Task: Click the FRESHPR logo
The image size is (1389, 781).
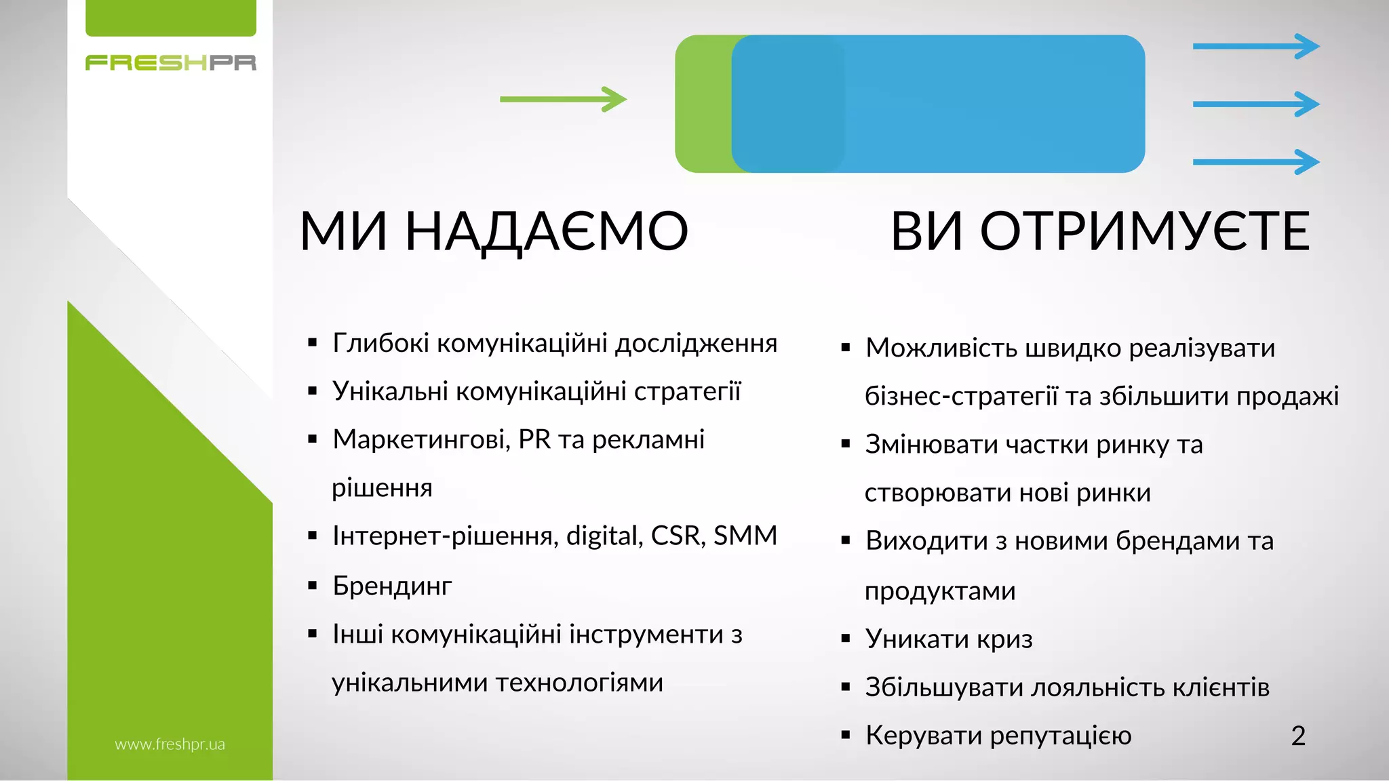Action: (x=170, y=63)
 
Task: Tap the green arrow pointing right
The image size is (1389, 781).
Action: (x=563, y=99)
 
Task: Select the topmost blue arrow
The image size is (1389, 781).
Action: (x=1255, y=46)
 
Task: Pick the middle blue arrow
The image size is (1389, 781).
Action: (x=1255, y=104)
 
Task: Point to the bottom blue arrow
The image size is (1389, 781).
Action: (x=1255, y=162)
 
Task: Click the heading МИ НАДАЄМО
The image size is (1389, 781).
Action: (x=494, y=232)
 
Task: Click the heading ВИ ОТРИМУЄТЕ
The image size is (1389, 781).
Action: (x=1099, y=232)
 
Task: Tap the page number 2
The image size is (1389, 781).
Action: (x=1298, y=736)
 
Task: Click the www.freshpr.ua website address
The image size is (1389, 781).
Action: (x=170, y=744)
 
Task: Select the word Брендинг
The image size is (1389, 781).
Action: (x=392, y=586)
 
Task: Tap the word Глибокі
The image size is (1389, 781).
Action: (x=380, y=344)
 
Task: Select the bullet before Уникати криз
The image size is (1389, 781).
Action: (x=845, y=639)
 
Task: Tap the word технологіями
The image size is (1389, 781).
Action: (x=579, y=683)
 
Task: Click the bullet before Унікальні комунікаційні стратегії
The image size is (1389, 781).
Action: (x=312, y=391)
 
